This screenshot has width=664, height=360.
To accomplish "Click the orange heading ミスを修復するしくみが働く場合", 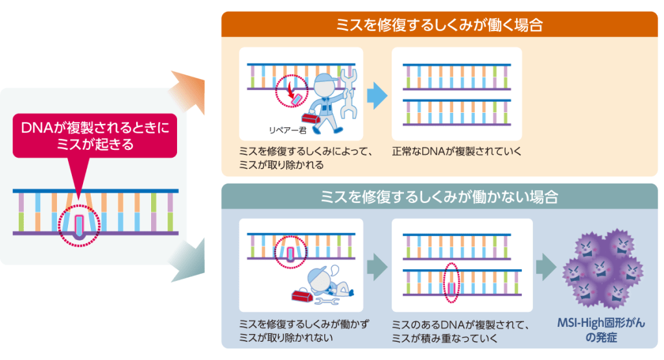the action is coord(439,25).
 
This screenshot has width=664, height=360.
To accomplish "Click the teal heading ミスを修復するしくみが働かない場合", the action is coord(439,197).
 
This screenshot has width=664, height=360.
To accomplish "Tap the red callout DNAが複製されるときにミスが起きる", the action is coord(95,136).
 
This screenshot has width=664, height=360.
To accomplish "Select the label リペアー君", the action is coord(287,130).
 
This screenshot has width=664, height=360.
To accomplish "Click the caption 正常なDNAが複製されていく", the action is coord(456,152).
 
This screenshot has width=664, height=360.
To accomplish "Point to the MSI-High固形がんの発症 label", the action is coord(601,330).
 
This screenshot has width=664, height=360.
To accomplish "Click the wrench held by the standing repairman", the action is coord(348,93).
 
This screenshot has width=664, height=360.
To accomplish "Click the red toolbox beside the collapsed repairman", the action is coord(302,295).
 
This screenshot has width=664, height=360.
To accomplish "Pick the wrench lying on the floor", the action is coord(327,301).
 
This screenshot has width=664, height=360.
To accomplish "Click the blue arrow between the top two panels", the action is coord(377,95).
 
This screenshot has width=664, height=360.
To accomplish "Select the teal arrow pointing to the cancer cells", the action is coord(546,267).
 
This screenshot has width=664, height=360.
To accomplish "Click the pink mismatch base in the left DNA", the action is coord(78,225).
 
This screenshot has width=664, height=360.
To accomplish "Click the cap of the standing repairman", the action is coord(324,79).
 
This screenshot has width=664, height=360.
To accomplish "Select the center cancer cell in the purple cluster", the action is coord(600,269).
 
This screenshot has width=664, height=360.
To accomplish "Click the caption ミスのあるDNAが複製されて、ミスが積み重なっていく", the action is coord(460,331).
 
